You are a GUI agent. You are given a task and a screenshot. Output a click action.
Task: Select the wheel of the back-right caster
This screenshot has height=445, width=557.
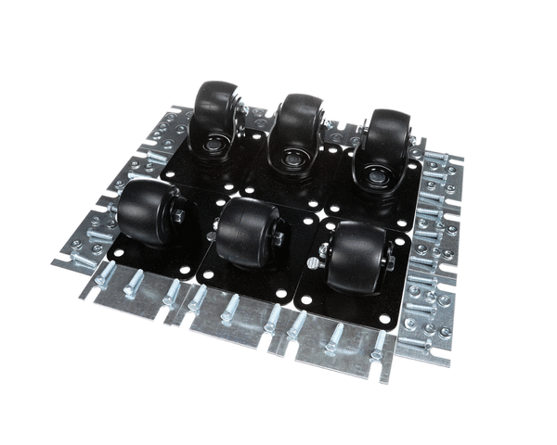point(383,139)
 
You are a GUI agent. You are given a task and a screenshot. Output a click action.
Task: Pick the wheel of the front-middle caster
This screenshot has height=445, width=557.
point(243,232)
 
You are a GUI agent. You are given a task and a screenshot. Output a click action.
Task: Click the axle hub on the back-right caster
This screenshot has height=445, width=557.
point(375,175)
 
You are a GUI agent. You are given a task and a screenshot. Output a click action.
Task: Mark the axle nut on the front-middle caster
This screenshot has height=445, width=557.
point(278,239)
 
